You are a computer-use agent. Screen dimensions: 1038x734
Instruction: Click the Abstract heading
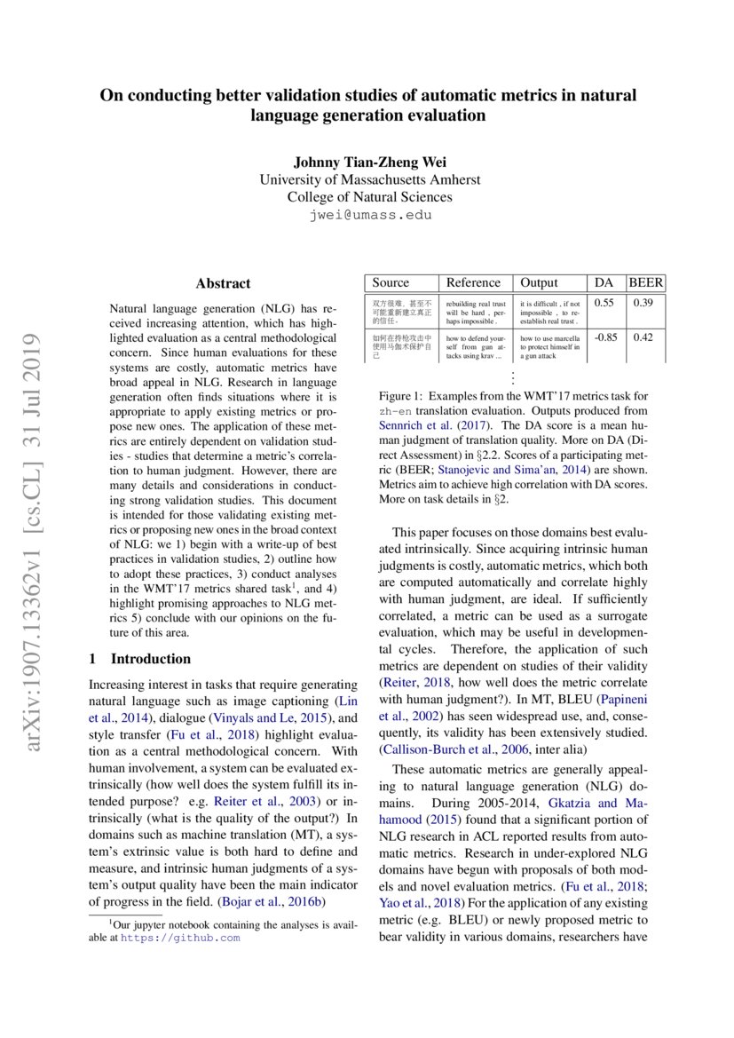[223, 283]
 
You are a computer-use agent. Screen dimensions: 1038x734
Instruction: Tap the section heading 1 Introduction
[140, 659]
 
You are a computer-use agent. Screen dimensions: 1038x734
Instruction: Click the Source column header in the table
[391, 282]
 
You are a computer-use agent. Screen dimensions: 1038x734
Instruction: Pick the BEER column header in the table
[646, 282]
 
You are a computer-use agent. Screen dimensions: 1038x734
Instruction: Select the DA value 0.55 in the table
[604, 304]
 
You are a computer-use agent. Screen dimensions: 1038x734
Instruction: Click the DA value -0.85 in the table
[605, 337]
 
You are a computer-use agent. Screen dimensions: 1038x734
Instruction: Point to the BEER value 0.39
[643, 304]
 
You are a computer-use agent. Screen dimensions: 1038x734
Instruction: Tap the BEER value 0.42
[643, 337]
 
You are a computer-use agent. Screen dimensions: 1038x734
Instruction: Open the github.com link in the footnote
[180, 937]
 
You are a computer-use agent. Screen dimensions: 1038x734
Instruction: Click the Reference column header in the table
[473, 282]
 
